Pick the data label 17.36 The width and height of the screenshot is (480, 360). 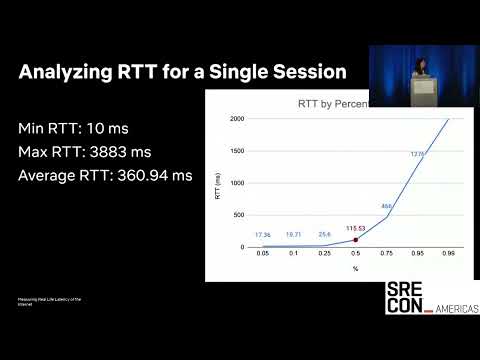263,235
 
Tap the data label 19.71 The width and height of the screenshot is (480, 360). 294,235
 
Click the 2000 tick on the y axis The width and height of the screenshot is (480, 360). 236,119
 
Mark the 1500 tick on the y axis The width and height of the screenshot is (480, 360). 236,151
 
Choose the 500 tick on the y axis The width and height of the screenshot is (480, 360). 238,215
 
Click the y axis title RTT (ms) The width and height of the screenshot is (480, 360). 218,183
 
